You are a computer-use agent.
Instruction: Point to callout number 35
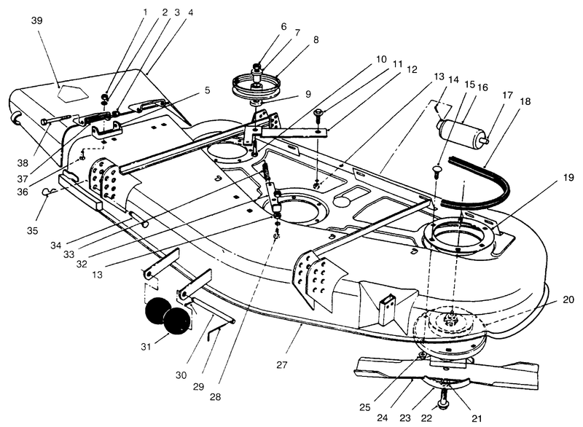click(x=31, y=231)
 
